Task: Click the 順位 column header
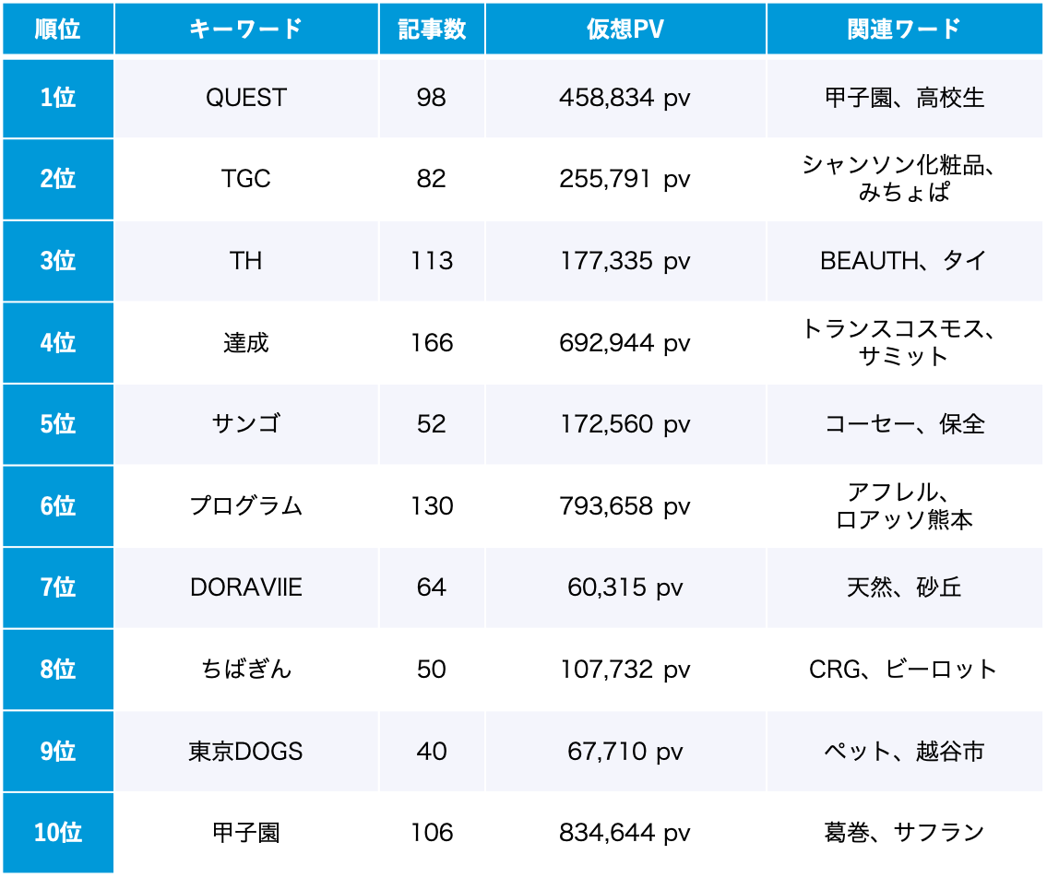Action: [x=57, y=29]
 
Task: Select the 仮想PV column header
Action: [x=625, y=29]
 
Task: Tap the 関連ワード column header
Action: [x=904, y=29]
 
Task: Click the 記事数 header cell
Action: [x=432, y=29]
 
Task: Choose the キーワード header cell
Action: [x=246, y=29]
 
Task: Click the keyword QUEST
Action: [x=246, y=98]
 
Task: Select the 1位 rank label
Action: [x=57, y=98]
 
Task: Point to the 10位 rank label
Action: [x=57, y=833]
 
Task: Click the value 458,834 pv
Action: [x=625, y=98]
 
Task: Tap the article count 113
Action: [x=432, y=261]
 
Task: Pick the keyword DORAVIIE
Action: [x=246, y=587]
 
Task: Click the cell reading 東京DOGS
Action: [x=246, y=751]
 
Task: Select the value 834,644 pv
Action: [x=625, y=833]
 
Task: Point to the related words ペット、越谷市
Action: [x=904, y=751]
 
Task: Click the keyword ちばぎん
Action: [x=246, y=669]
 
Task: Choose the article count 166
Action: [x=432, y=343]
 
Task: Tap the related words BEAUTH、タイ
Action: [x=904, y=261]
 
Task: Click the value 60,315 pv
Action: [x=625, y=587]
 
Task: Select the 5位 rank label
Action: [x=57, y=424]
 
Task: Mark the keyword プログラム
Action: [x=246, y=506]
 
